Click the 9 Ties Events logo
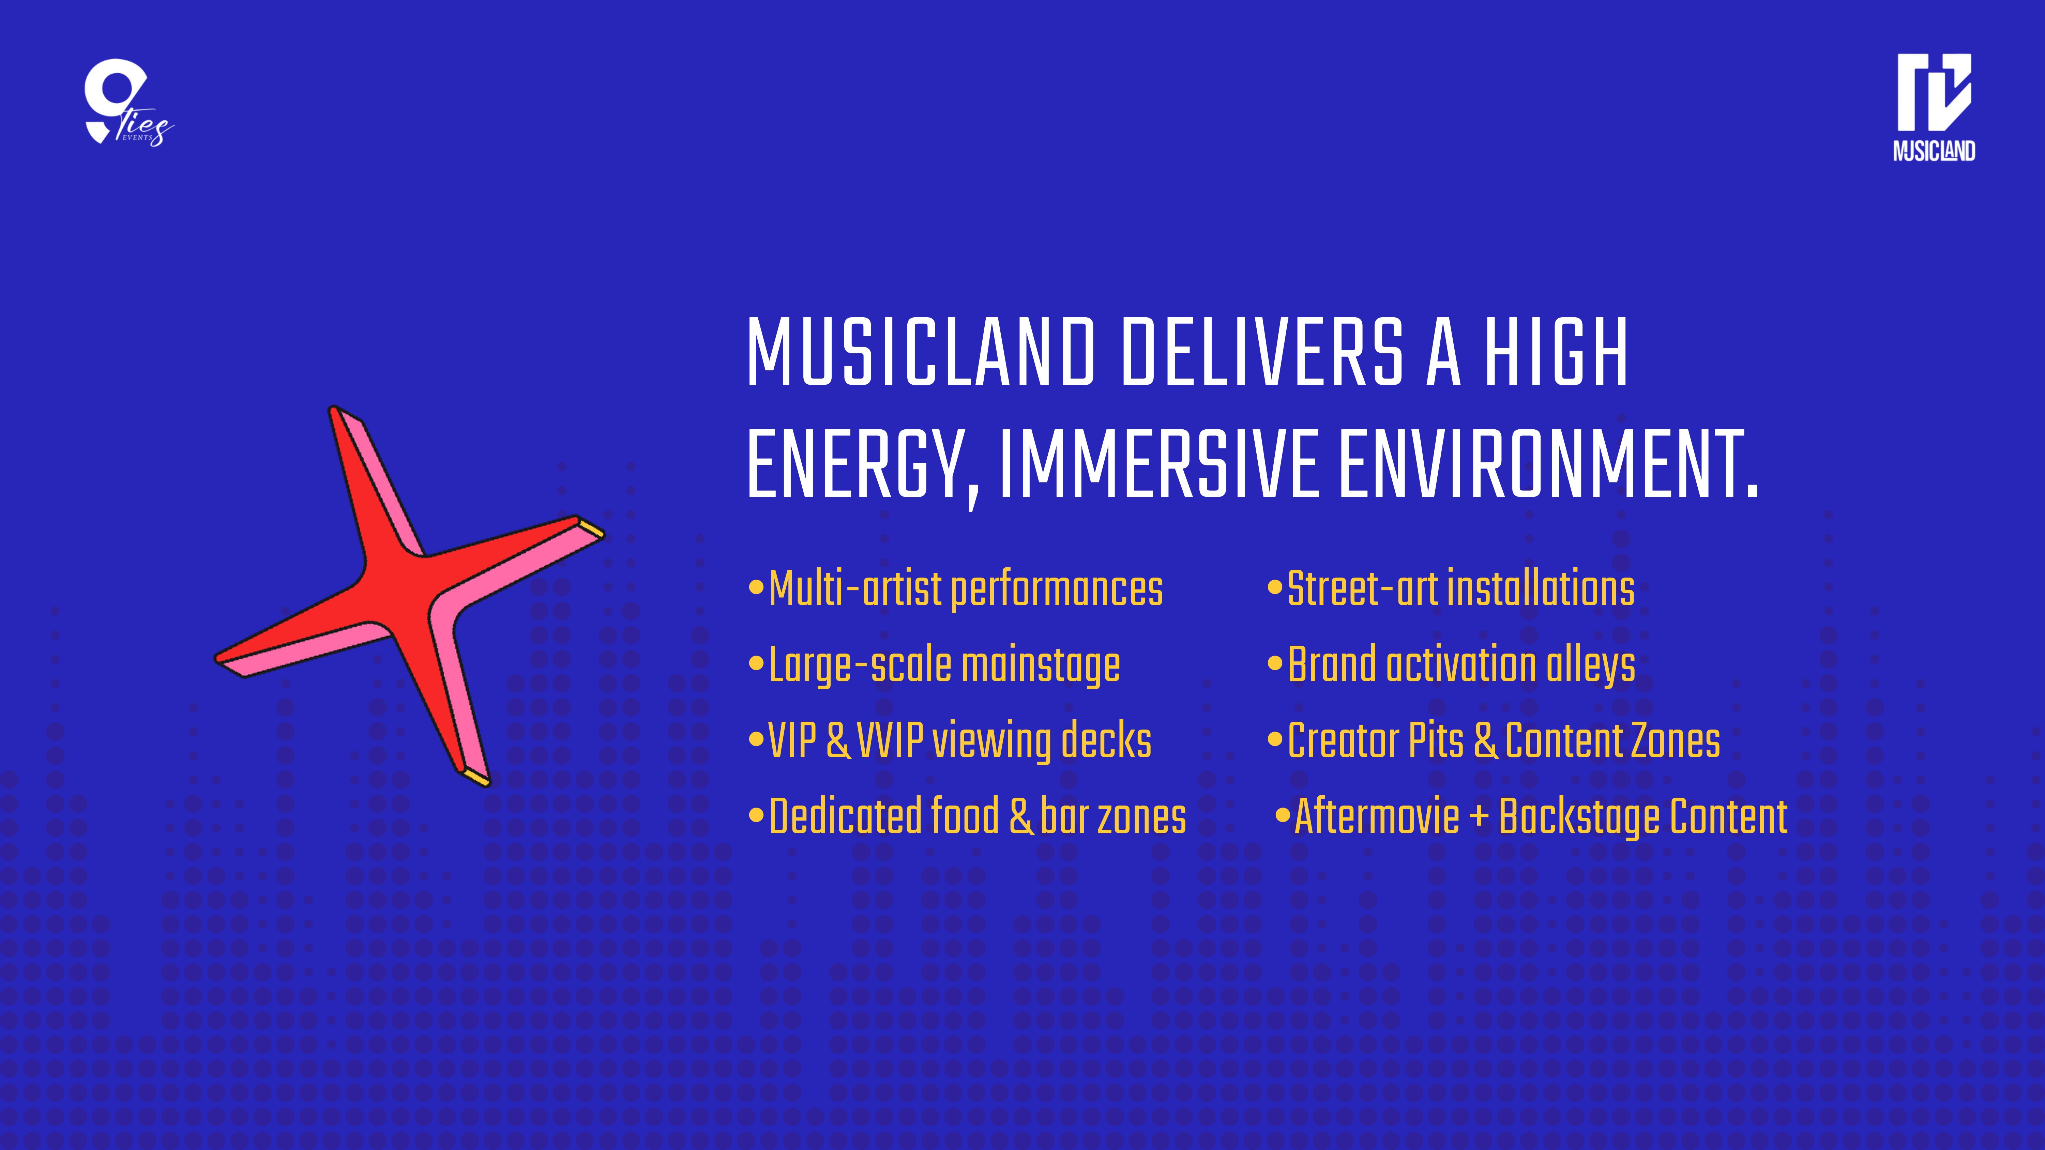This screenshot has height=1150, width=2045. point(127,103)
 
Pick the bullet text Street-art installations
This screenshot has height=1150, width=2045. point(1461,589)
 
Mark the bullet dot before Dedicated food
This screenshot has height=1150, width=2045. point(756,816)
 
